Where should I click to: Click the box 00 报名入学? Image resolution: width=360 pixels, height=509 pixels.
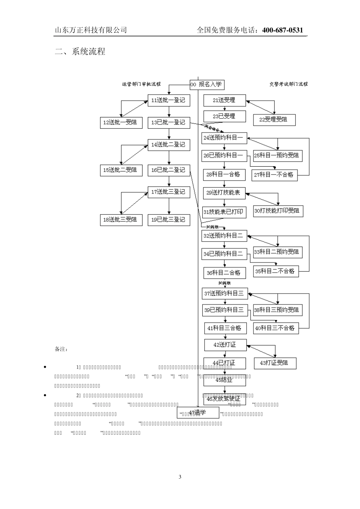pyautogui.click(x=207, y=84)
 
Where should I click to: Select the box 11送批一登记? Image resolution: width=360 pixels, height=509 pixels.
pyautogui.click(x=169, y=100)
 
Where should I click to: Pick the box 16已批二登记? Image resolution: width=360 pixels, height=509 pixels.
pyautogui.click(x=169, y=170)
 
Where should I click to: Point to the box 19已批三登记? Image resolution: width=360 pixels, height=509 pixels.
pyautogui.click(x=169, y=220)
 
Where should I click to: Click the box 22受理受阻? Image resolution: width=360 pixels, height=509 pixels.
pyautogui.click(x=274, y=120)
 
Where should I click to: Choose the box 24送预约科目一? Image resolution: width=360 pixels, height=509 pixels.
pyautogui.click(x=224, y=137)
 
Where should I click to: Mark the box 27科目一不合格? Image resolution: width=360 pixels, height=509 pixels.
pyautogui.click(x=274, y=175)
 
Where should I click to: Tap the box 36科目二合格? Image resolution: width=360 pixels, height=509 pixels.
pyautogui.click(x=224, y=273)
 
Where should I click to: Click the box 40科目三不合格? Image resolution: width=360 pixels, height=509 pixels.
pyautogui.click(x=275, y=328)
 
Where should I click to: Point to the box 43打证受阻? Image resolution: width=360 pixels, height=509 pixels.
pyautogui.click(x=275, y=363)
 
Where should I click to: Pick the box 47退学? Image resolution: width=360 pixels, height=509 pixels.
pyautogui.click(x=198, y=412)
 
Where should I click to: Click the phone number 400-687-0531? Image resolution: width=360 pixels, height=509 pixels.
pyautogui.click(x=283, y=30)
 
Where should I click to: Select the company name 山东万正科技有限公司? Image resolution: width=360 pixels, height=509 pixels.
pyautogui.click(x=91, y=30)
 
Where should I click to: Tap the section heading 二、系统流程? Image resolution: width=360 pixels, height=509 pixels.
pyautogui.click(x=80, y=52)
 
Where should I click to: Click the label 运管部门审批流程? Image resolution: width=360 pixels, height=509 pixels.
pyautogui.click(x=141, y=84)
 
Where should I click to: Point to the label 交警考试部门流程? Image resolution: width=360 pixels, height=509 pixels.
pyautogui.click(x=288, y=84)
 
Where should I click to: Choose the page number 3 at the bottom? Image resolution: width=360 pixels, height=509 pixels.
pyautogui.click(x=180, y=477)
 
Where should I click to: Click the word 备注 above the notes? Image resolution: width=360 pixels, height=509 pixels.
pyautogui.click(x=61, y=349)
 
